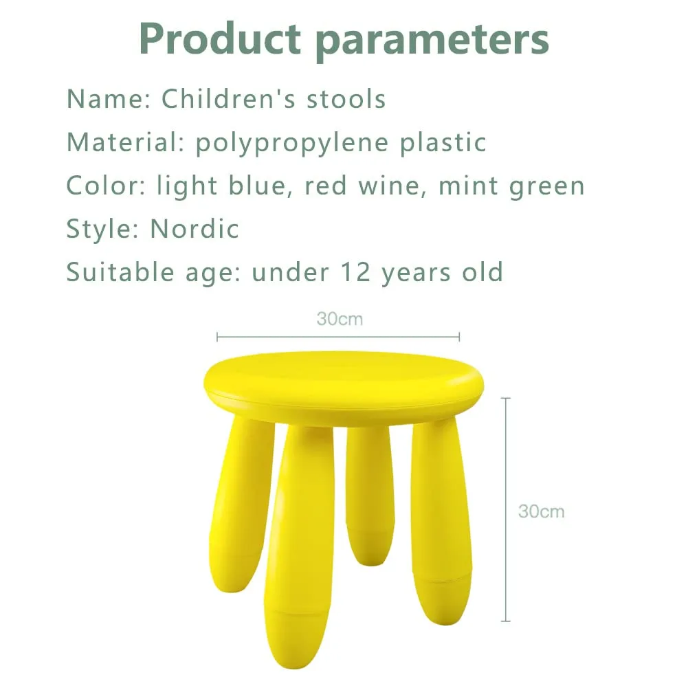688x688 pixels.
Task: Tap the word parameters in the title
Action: click(432, 41)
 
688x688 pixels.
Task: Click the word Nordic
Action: click(195, 228)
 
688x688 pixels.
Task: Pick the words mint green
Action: click(511, 186)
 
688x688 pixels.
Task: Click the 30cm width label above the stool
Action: click(340, 320)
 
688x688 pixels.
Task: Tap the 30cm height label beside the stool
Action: click(541, 511)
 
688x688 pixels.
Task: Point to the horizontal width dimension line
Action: click(338, 337)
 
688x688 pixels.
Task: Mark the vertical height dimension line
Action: click(507, 509)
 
